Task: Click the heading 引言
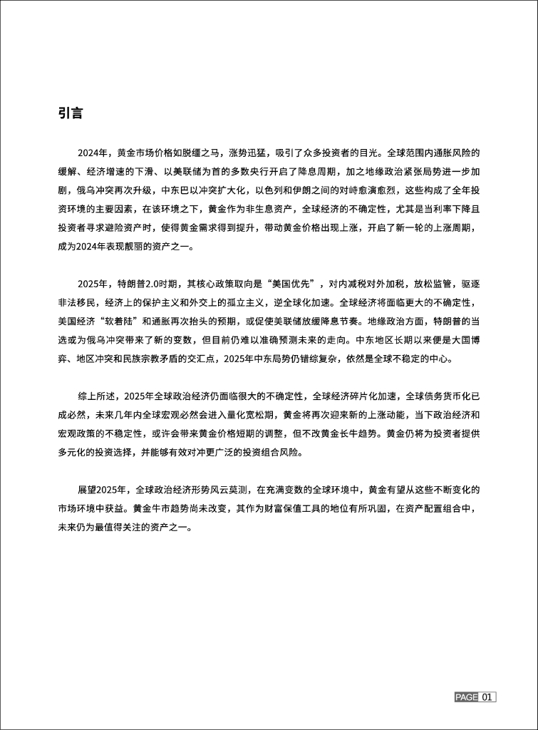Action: tap(71, 113)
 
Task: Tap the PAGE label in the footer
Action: tap(467, 696)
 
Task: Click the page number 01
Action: tap(487, 696)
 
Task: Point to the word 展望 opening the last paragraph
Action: tap(87, 490)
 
